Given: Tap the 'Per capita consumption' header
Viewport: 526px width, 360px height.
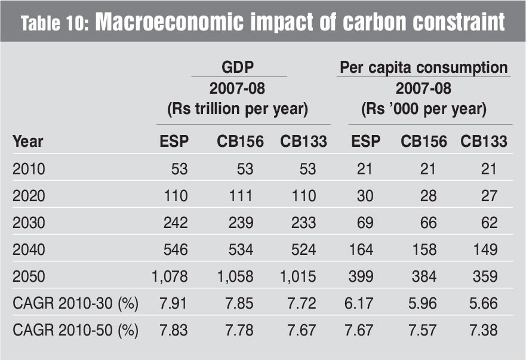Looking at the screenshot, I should tap(423, 67).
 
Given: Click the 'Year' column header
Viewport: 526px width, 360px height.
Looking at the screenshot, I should tap(27, 141).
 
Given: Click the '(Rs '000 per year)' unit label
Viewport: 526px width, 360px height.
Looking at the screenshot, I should tap(423, 110).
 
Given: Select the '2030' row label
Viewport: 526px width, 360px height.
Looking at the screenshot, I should tap(29, 222).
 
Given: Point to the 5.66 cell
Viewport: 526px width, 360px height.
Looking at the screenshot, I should tap(483, 304).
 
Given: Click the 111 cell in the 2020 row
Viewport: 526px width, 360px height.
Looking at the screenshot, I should tap(240, 195).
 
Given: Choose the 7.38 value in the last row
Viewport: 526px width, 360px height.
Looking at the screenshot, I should tap(483, 330).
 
